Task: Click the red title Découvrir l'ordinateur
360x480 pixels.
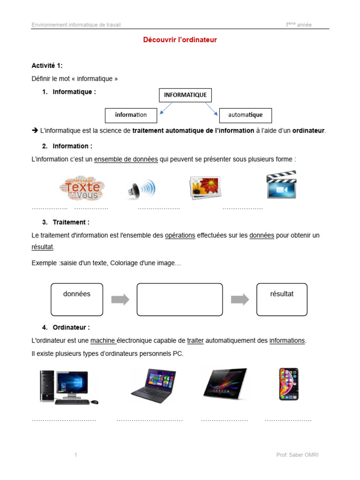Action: pyautogui.click(x=180, y=40)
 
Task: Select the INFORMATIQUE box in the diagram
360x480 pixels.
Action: pyautogui.click(x=185, y=95)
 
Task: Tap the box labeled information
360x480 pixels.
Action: pyautogui.click(x=131, y=115)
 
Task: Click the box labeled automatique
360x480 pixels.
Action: pyautogui.click(x=245, y=115)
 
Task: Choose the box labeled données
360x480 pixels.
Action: pyautogui.click(x=77, y=299)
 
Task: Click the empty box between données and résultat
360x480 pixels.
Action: pyautogui.click(x=180, y=299)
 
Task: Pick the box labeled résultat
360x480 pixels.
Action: pyautogui.click(x=282, y=299)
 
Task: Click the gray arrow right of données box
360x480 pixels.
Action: pyautogui.click(x=120, y=300)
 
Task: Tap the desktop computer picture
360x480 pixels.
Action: pyautogui.click(x=68, y=387)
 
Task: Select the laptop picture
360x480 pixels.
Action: pyautogui.click(x=152, y=386)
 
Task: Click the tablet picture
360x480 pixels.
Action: pyautogui.click(x=225, y=383)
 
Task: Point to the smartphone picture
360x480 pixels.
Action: pyautogui.click(x=288, y=384)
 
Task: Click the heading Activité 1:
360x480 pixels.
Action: pyautogui.click(x=47, y=66)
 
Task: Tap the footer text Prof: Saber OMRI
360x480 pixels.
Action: pyautogui.click(x=298, y=455)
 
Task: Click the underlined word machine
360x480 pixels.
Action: pyautogui.click(x=103, y=341)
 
